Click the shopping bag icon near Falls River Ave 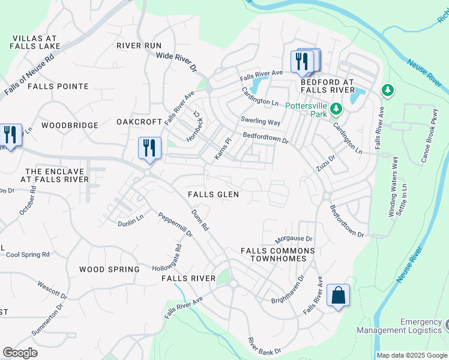[338, 296]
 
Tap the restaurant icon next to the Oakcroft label [149, 148]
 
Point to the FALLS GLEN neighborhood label [213, 194]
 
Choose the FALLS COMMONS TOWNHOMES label [277, 254]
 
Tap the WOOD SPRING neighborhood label [109, 269]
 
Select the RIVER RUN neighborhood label [139, 46]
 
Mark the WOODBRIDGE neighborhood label [70, 125]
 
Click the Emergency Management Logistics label [399, 326]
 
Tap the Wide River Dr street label [176, 62]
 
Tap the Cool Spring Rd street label [28, 254]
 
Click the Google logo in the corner [20, 353]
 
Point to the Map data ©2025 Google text [412, 355]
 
